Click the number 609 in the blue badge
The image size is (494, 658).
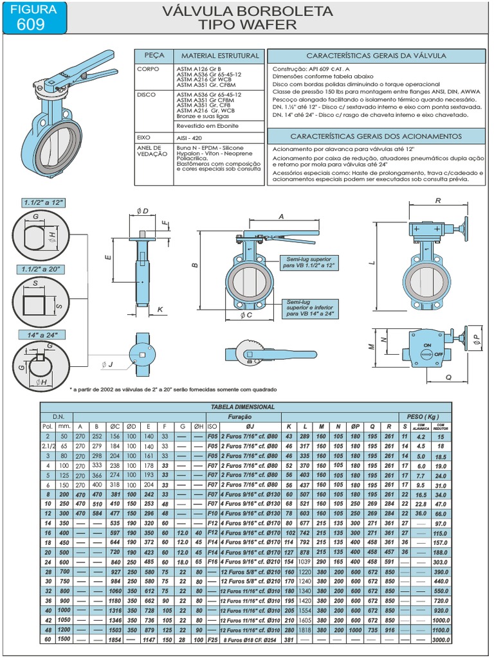coord(32,24)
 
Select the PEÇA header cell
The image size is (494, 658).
coord(154,56)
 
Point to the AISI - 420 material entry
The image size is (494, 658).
coord(188,138)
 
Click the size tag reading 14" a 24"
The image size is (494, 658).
coord(40,335)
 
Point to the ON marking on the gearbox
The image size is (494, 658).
coord(425,346)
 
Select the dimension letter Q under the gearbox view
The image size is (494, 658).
coord(448,378)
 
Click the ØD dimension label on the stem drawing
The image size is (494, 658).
coord(143,211)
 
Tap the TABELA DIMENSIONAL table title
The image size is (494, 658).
coord(242,407)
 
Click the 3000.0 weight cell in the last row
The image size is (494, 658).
coord(441,641)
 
